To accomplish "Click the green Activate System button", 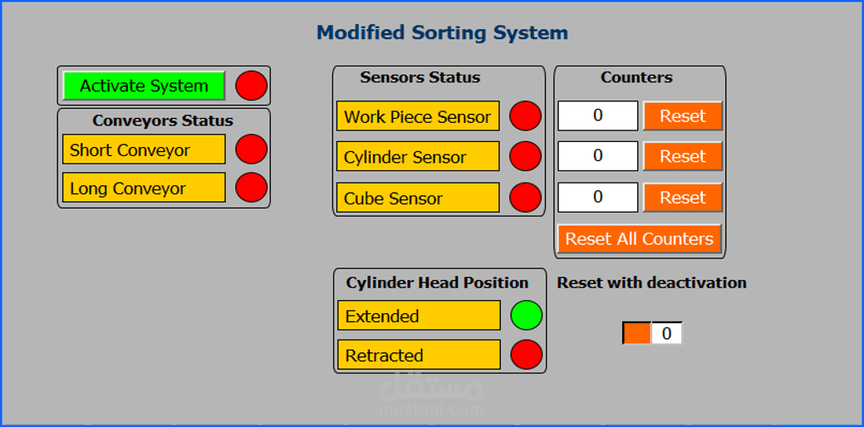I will (144, 86).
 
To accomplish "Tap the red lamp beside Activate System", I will (252, 86).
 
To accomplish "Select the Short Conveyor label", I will (144, 150).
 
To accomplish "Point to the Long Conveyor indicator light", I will (252, 188).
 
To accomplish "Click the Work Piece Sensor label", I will (418, 116).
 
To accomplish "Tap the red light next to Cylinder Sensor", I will (525, 156).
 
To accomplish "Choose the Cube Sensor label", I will (418, 198).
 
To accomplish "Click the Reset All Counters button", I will (639, 238).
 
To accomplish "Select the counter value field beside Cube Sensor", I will (597, 198).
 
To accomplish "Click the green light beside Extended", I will (526, 316).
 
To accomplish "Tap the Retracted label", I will (419, 355).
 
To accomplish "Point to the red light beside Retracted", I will (526, 355).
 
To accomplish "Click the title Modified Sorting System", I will (442, 33).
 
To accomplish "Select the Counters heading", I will (636, 77).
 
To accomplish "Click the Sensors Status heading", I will (420, 77).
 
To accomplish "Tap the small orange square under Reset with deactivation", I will (637, 333).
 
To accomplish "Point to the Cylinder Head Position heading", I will (437, 282).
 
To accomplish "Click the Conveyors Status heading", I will (163, 120).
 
